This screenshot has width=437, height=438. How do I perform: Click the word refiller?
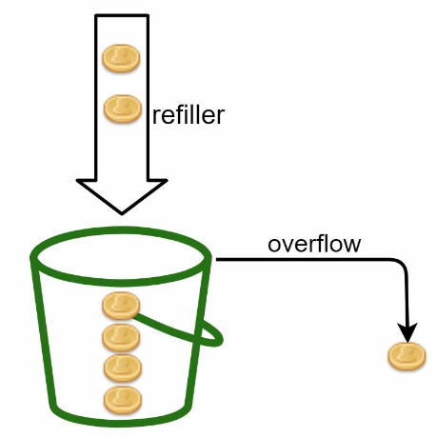[189, 114]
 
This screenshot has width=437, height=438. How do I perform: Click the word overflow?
[314, 244]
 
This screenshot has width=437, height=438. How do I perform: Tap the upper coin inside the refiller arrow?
[121, 58]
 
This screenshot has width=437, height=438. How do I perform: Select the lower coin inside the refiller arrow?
[123, 109]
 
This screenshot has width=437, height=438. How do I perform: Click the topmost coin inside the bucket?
[121, 306]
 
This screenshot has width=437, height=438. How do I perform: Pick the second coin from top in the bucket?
[121, 338]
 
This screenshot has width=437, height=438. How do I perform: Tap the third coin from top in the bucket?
[123, 368]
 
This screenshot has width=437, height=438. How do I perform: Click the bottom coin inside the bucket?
[123, 400]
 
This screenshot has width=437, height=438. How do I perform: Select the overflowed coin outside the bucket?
[407, 356]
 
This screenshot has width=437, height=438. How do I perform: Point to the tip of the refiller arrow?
[122, 214]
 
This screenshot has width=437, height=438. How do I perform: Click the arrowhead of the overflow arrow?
[407, 332]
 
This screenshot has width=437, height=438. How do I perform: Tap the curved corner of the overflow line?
[402, 265]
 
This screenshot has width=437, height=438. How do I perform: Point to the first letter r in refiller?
[156, 117]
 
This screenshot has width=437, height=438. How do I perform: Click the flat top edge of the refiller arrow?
[122, 15]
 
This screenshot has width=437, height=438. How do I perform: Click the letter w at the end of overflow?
[352, 246]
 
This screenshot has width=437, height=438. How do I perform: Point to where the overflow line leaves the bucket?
[217, 260]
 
